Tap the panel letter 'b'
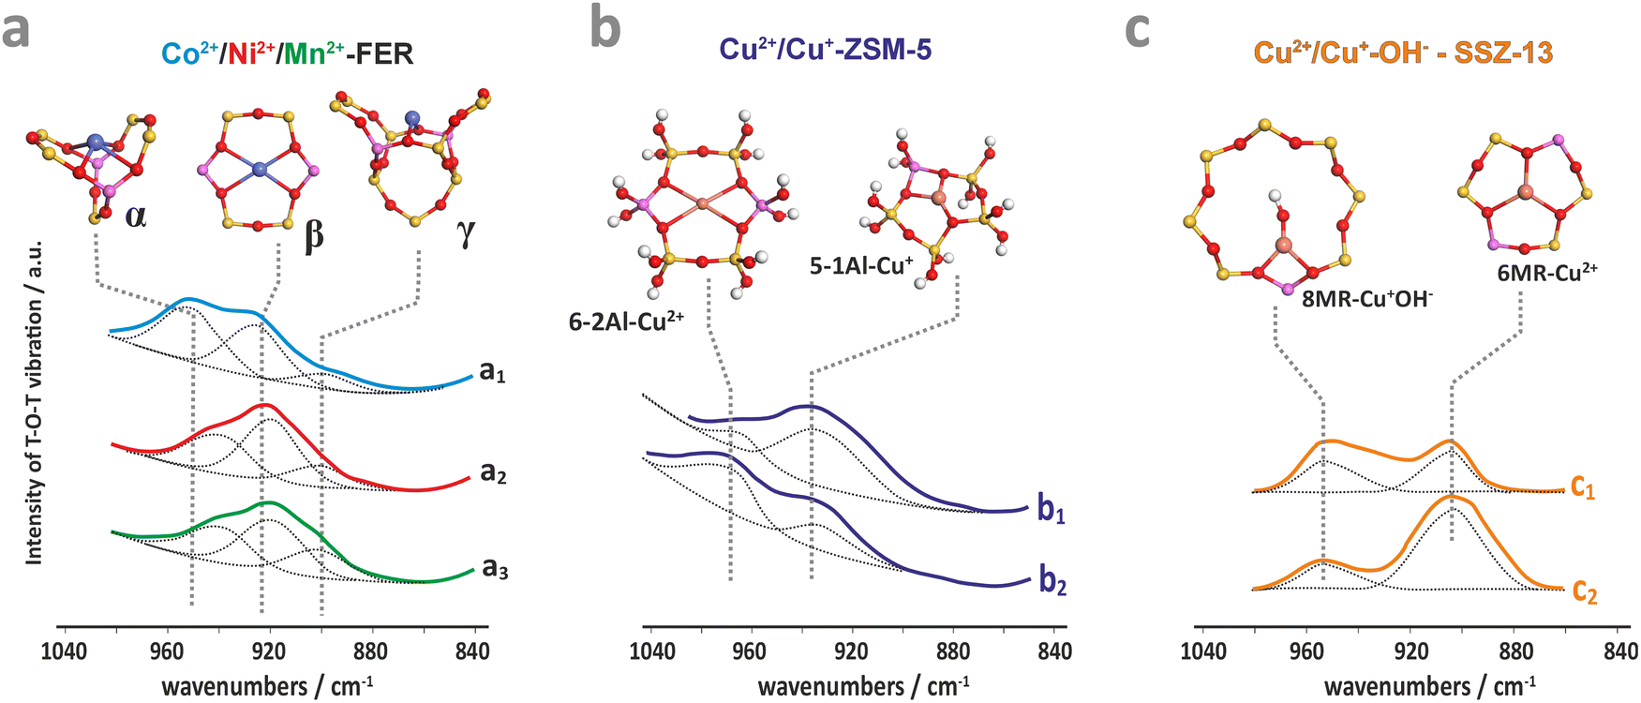tap(605, 28)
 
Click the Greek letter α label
tap(136, 217)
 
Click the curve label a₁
tap(493, 372)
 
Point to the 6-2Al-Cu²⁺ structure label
tap(626, 321)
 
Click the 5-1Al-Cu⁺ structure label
tap(861, 265)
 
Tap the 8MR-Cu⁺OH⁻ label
tap(1367, 299)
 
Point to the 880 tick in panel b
tap(952, 651)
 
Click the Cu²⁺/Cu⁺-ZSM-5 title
tap(826, 50)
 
